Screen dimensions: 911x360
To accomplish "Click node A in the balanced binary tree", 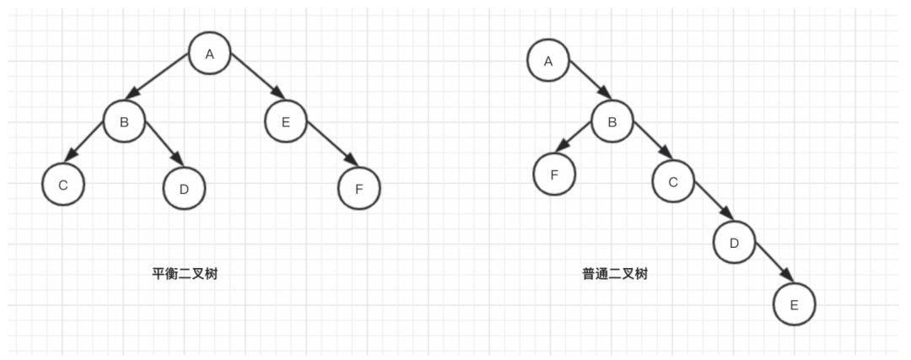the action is tap(209, 55).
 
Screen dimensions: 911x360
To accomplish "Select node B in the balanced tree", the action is tap(124, 122).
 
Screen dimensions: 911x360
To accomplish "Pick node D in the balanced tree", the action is tap(184, 188).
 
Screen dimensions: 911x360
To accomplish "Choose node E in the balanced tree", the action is tap(285, 122).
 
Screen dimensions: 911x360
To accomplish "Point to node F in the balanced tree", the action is tap(358, 188).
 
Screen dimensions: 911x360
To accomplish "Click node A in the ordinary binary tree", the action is tap(548, 61).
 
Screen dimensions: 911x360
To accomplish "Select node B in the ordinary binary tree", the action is tap(612, 122).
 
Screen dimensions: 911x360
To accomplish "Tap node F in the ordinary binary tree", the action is tap(554, 175).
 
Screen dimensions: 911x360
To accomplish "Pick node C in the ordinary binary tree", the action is tap(673, 181).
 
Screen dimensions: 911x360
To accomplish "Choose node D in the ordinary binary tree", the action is tap(734, 244).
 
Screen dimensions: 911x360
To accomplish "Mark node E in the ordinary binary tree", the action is tap(794, 304).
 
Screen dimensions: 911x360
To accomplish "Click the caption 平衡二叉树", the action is tap(184, 274).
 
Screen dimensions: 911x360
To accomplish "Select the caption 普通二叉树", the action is tap(615, 274).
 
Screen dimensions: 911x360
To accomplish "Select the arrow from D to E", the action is tap(774, 262).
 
